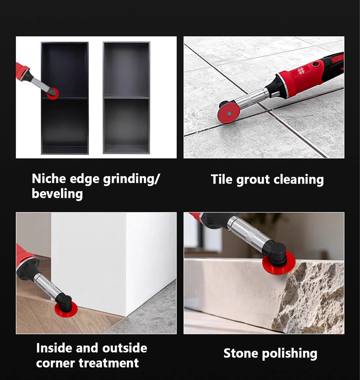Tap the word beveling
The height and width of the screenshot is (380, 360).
tap(57, 194)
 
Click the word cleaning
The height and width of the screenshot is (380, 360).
tap(299, 180)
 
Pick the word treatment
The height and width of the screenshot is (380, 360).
tap(109, 363)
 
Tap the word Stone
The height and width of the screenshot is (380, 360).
tap(241, 353)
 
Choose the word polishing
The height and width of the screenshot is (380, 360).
tap(290, 353)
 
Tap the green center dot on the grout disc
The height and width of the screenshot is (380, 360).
tap(229, 113)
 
